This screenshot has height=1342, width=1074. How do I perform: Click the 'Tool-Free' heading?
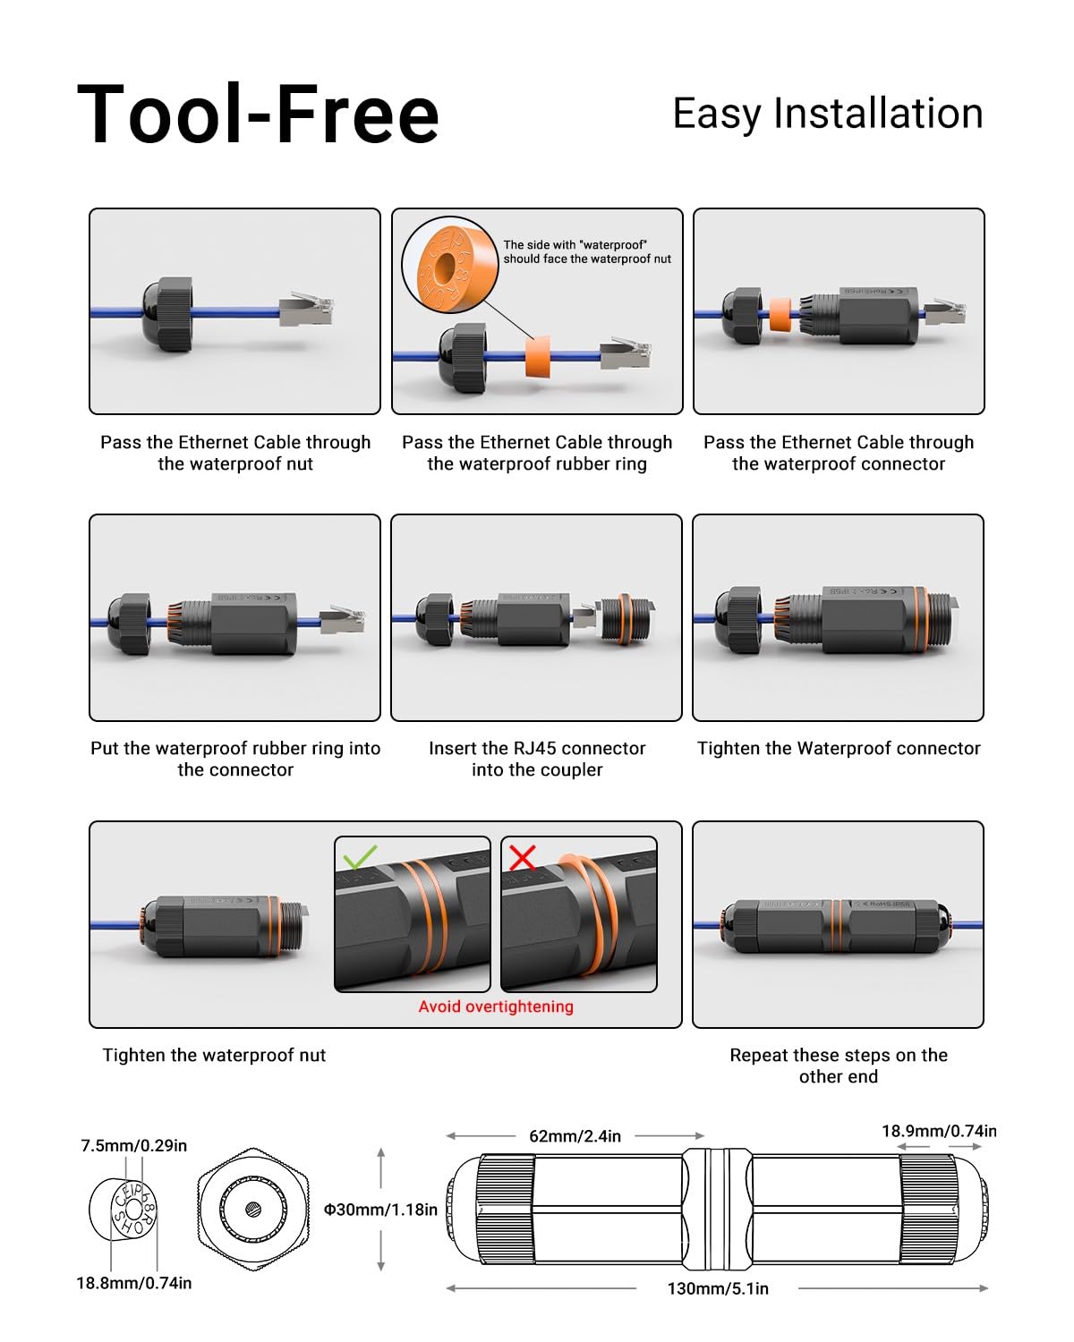[258, 114]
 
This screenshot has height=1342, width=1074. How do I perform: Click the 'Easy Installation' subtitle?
[827, 114]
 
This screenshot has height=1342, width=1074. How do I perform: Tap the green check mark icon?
[360, 858]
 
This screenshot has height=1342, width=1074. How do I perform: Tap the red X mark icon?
[523, 857]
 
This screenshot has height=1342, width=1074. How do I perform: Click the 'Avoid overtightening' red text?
[496, 1007]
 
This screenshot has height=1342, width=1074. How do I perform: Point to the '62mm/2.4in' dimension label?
[575, 1136]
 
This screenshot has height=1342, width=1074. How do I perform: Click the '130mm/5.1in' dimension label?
[718, 1288]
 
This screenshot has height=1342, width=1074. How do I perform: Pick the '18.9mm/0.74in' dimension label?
[938, 1131]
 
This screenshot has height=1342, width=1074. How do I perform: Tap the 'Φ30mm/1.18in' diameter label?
[380, 1210]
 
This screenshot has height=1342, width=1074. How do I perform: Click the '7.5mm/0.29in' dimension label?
[134, 1145]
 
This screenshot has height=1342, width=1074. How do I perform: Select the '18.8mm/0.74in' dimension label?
[134, 1283]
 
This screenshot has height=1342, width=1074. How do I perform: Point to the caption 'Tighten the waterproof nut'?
[214, 1055]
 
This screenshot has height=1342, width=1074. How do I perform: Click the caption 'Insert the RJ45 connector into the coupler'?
[537, 759]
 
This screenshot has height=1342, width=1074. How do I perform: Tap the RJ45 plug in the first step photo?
[306, 310]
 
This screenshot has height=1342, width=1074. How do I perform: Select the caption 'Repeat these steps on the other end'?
[839, 1066]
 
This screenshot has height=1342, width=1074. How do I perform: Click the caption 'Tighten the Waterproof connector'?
[839, 748]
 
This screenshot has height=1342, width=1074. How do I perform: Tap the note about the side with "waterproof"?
[587, 251]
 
